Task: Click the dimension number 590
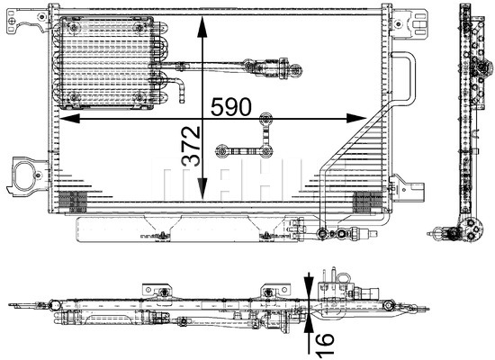coord(231,106)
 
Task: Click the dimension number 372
coord(191,146)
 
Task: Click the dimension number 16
coord(324,344)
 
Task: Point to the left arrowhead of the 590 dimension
coord(69,119)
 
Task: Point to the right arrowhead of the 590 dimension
coord(356,119)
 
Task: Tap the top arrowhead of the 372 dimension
coord(202,28)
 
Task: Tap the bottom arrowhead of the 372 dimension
coord(202,188)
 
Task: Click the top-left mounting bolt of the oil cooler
coord(74,28)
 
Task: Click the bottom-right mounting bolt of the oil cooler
coord(139,97)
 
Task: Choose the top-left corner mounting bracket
coord(28,21)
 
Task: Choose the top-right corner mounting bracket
coord(409,23)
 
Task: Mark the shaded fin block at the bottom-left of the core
coord(73,202)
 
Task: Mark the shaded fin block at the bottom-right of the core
coord(367,202)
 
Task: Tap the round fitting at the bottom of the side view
coord(472,229)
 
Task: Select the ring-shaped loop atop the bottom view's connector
coord(343,279)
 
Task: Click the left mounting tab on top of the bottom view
coord(157,290)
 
